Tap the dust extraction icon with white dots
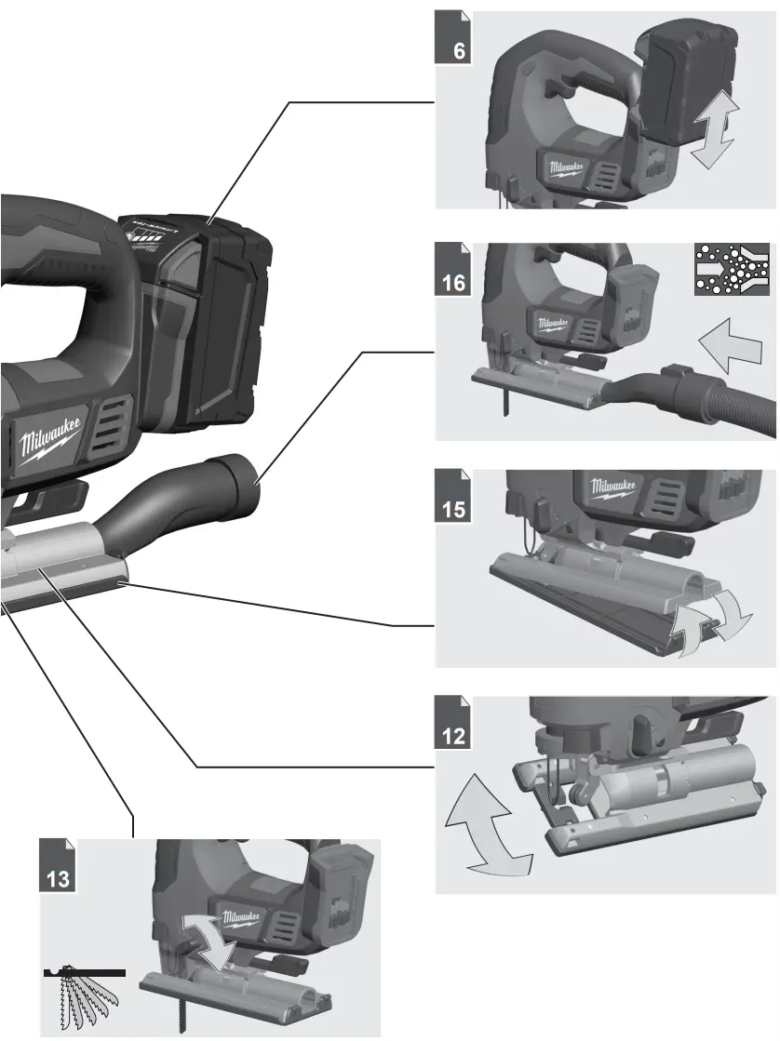[x=733, y=270]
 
